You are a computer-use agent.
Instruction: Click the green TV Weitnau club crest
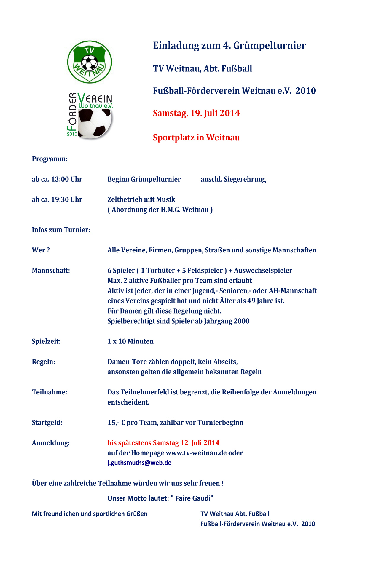point(90,62)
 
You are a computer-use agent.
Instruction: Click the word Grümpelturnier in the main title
point(269,46)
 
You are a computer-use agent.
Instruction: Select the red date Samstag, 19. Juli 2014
point(196,113)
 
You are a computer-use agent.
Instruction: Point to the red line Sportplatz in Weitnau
point(196,138)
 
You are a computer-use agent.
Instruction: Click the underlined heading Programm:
point(50,159)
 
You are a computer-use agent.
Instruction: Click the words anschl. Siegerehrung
point(233,179)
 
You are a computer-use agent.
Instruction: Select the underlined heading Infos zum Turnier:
point(61,230)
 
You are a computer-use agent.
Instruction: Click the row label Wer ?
point(41,250)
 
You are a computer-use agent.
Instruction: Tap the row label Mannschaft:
point(51,271)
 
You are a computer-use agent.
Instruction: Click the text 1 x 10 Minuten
point(130,341)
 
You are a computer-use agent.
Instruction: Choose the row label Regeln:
point(43,362)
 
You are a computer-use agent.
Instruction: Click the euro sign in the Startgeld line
point(123,423)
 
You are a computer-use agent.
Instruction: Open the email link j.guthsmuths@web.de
point(139,463)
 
